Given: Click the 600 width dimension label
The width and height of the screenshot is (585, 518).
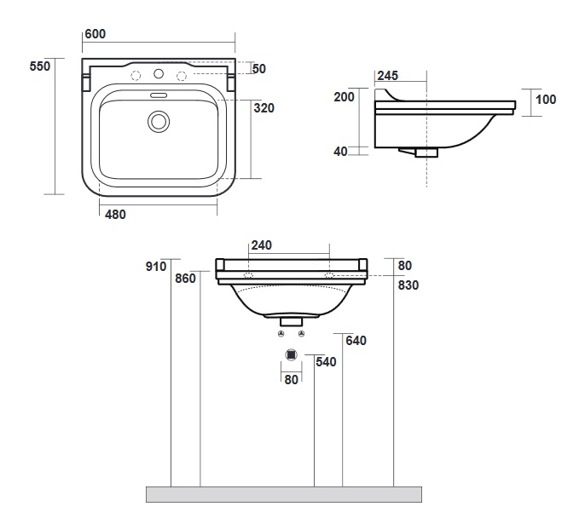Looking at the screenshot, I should [94, 33].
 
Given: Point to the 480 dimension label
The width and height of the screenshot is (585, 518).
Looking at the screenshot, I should [115, 215].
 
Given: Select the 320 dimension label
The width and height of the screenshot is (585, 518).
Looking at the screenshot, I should [263, 108].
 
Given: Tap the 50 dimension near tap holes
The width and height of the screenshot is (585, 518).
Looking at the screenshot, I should [260, 68].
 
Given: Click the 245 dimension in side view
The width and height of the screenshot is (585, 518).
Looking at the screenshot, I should [387, 76].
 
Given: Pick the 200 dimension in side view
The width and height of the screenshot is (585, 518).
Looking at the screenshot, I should [345, 97].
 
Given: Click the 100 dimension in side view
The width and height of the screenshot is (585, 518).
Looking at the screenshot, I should [546, 100].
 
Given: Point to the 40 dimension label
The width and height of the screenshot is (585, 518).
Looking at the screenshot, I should [340, 152].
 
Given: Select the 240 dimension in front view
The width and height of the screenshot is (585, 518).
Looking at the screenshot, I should [262, 245].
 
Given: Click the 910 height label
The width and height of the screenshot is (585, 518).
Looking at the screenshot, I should [155, 267].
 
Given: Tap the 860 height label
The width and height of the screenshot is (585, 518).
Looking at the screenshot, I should [186, 278].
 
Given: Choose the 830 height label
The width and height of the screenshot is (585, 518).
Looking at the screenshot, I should [408, 285].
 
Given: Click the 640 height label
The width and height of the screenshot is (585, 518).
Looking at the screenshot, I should [356, 341].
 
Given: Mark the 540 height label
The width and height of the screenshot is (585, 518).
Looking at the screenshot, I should [326, 361].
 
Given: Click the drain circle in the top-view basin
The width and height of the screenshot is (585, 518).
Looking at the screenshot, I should [158, 122].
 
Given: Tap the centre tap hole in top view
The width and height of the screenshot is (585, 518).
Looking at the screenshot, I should [158, 76].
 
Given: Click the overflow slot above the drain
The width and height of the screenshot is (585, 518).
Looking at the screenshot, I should [158, 95].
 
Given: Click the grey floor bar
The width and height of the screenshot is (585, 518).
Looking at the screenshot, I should [285, 493].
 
